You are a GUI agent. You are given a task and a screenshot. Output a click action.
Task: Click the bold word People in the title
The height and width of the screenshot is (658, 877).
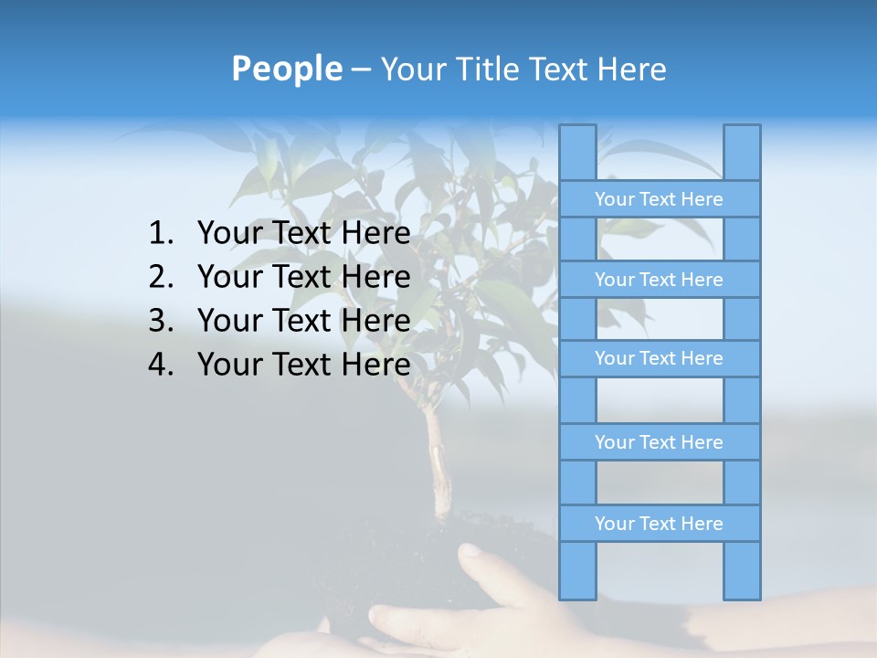[x=286, y=69]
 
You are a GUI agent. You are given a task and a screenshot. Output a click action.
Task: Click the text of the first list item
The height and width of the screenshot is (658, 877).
[x=303, y=234]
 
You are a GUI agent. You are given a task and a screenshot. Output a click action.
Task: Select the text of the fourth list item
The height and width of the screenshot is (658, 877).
[x=303, y=366]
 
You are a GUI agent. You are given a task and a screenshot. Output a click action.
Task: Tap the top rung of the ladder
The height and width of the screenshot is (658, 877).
[x=659, y=199]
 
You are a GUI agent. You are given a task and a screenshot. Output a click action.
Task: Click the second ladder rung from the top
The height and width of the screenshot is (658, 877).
[x=659, y=280]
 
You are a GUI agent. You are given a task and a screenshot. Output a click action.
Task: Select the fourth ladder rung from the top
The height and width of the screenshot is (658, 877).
[x=659, y=442]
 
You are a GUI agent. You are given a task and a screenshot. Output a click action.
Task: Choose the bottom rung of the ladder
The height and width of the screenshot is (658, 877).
[x=659, y=524]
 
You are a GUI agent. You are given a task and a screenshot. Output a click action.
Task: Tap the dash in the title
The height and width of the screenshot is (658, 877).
[x=360, y=69]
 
